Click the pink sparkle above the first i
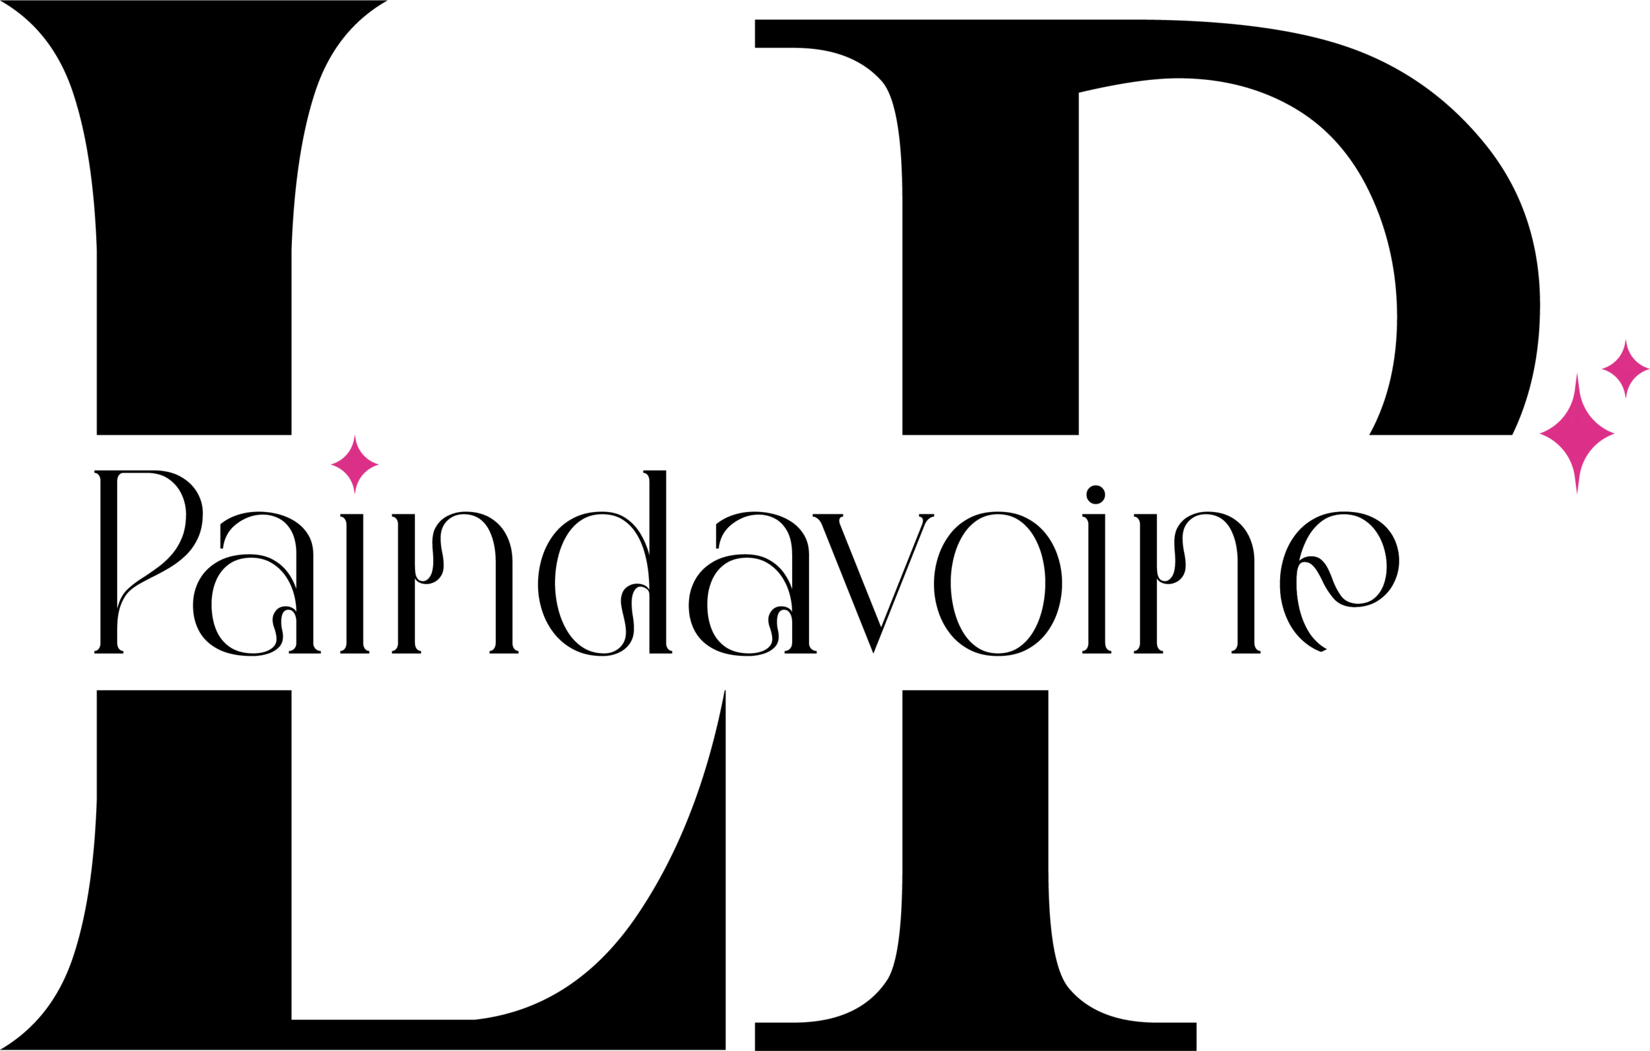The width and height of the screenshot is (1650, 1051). pos(355,464)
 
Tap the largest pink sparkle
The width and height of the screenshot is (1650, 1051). pos(1577,433)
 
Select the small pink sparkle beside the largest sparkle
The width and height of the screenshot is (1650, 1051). pos(1626,369)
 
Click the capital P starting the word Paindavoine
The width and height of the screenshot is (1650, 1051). pos(149,562)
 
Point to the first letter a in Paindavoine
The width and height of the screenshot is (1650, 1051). pos(257,584)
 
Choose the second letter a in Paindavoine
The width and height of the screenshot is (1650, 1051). pos(752,584)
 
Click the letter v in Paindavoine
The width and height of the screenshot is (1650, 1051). pos(873,584)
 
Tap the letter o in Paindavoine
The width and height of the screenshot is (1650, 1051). pos(998,584)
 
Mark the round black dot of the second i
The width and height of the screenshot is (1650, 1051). pos(1096,495)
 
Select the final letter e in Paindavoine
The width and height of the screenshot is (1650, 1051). pos(1339,582)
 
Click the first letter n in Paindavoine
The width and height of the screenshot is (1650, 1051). pos(455,582)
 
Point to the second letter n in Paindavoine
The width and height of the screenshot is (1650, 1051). pos(1197,582)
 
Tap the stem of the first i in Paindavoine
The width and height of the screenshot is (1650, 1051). pos(355,584)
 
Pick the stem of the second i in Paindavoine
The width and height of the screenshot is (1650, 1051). pos(1096,584)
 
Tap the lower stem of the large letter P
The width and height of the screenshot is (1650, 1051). pos(976,870)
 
